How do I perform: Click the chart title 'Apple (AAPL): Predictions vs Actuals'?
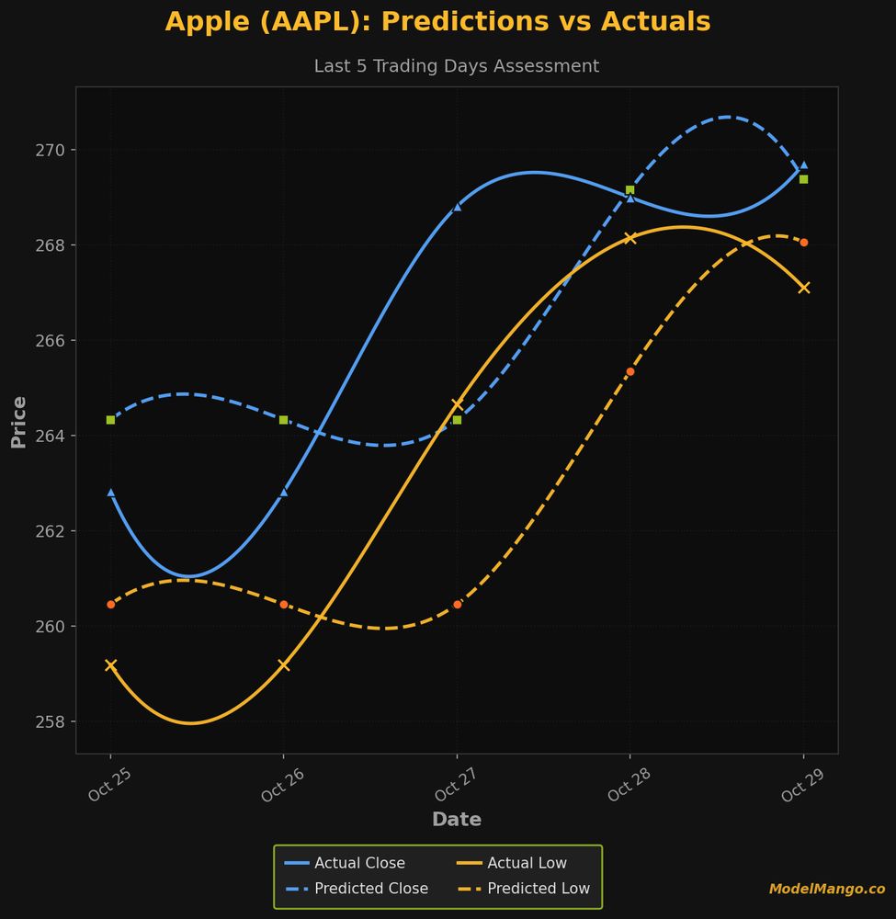pos(437,22)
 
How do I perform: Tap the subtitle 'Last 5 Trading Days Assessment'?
pos(456,66)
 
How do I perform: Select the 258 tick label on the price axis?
pos(51,721)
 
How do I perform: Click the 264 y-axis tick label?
pos(51,436)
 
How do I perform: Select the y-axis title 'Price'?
pos(18,422)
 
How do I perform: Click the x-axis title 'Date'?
pos(456,820)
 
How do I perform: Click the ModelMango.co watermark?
pos(826,889)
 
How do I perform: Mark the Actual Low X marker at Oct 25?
pos(111,665)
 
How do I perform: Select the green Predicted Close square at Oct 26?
pos(284,420)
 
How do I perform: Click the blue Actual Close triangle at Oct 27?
pos(457,207)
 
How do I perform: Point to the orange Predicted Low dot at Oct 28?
pos(630,371)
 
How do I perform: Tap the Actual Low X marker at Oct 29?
pos(804,288)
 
